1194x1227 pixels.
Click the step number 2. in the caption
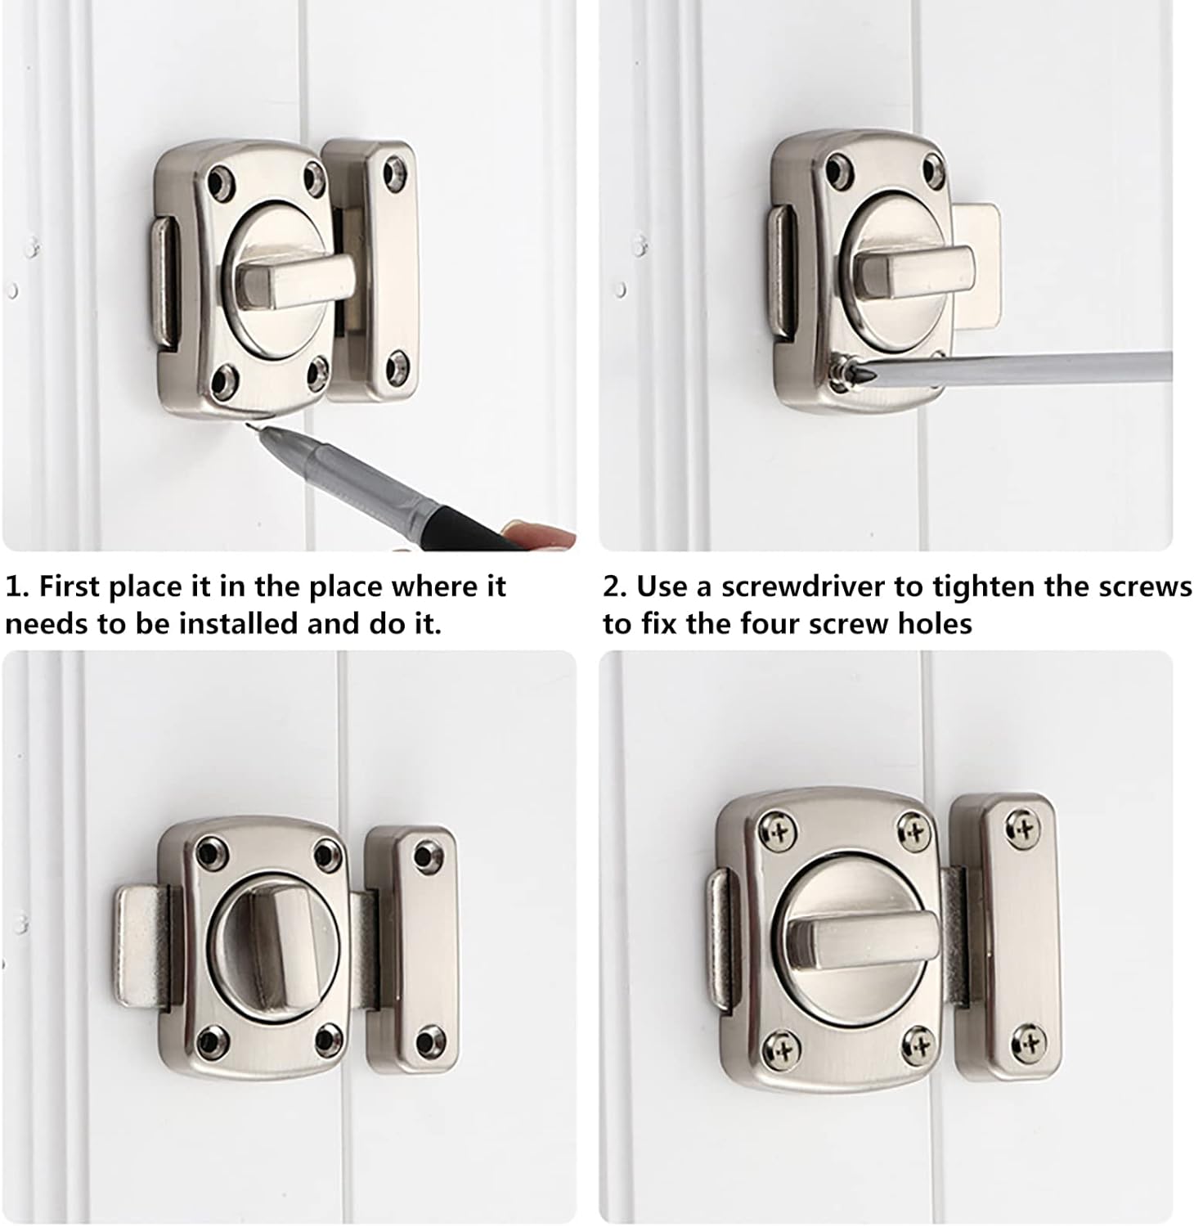coord(615,587)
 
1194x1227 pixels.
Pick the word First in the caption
coord(70,587)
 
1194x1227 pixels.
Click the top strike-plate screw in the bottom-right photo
coord(1024,831)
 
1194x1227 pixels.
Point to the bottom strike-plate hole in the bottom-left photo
coord(426,1041)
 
